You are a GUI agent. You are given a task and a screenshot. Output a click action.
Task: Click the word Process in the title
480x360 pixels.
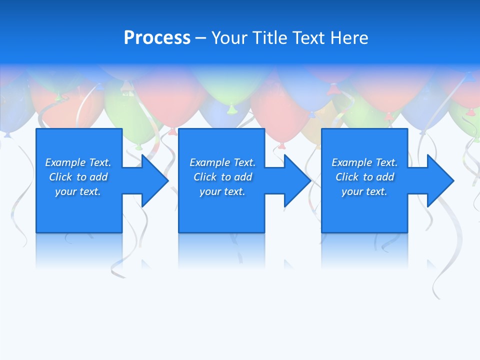tap(157, 38)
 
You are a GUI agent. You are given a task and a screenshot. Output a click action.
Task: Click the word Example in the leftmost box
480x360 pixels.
tap(65, 162)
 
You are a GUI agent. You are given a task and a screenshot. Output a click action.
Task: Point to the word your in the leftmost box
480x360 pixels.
tap(65, 191)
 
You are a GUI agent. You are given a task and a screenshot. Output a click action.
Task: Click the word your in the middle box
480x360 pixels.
tap(210, 191)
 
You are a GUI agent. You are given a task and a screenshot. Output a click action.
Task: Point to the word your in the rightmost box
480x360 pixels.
tap(352, 191)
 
